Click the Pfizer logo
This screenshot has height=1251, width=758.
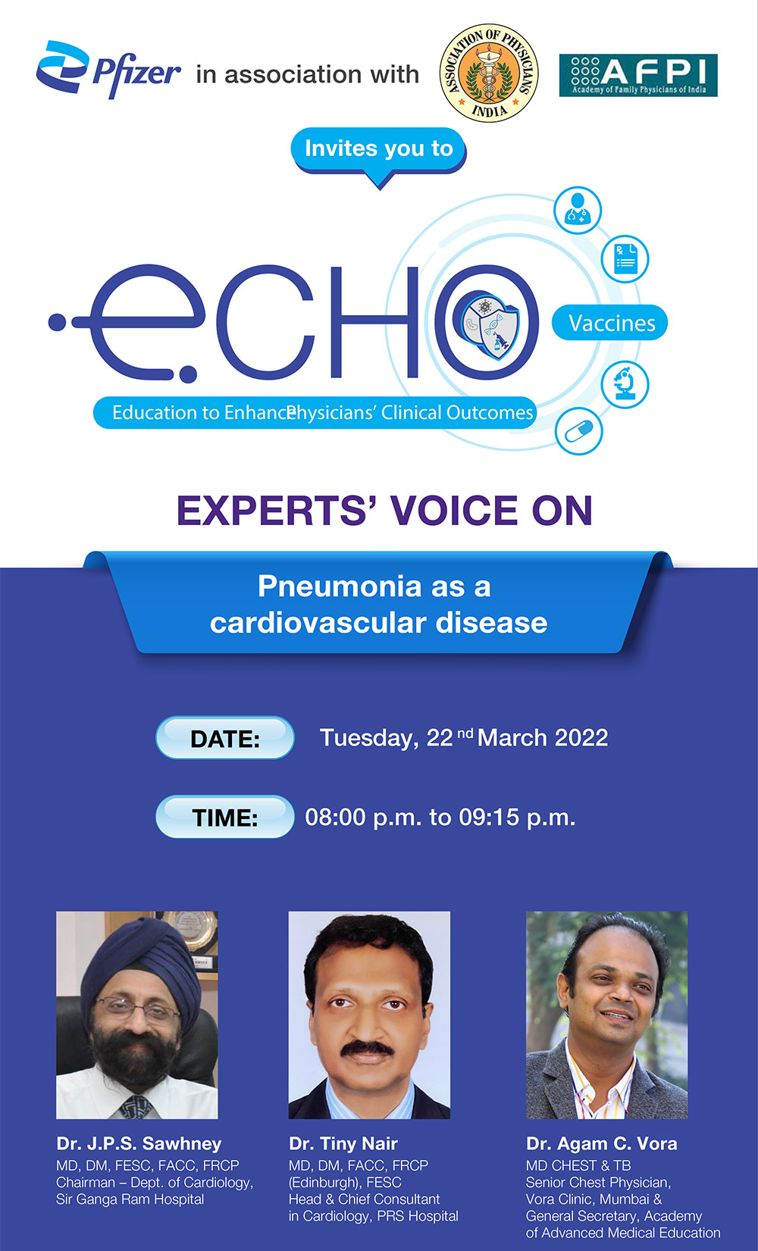coord(108,70)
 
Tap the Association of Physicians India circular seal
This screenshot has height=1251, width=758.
coord(489,73)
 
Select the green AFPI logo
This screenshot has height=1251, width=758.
coord(638,75)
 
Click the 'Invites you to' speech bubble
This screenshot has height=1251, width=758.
coord(378,149)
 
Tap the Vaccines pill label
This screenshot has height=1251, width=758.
coord(611,324)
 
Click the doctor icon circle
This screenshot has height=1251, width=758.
coord(578,209)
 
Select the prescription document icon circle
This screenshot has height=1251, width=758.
coord(625,259)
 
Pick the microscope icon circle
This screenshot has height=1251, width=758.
coord(625,384)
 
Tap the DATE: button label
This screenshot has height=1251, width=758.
coord(225,739)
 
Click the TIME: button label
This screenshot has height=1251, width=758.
coord(225,818)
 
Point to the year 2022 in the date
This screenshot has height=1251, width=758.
coord(581,738)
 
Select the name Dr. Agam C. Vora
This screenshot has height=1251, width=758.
coord(601,1143)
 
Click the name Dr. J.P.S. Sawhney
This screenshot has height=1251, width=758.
coord(139,1143)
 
